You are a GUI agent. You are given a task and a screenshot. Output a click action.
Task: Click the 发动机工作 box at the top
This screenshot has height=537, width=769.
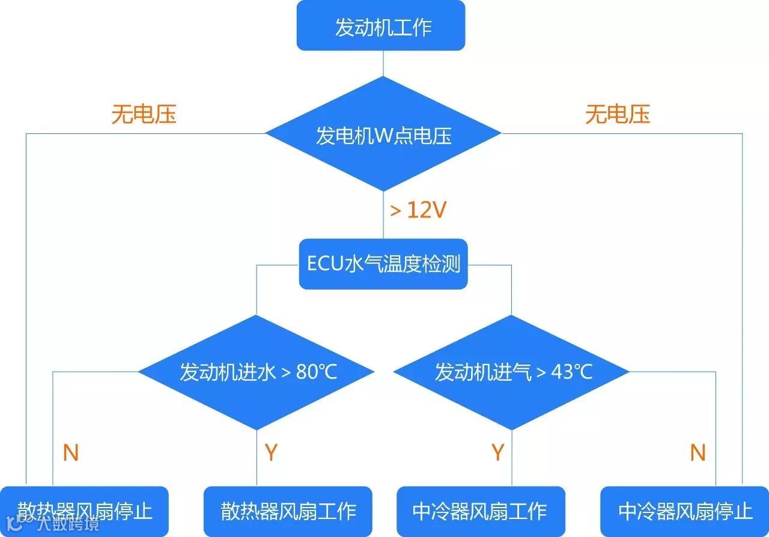[381, 26]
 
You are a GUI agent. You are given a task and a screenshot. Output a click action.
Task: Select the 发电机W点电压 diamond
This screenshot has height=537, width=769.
[383, 135]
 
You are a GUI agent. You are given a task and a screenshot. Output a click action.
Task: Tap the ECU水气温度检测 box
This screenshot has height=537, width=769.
[383, 264]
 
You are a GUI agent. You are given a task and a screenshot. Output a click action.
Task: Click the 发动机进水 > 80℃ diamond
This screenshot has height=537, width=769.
[257, 372]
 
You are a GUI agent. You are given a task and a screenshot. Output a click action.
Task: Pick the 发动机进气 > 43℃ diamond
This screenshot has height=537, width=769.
[512, 372]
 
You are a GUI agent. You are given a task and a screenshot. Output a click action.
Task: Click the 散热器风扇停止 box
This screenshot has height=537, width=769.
[84, 511]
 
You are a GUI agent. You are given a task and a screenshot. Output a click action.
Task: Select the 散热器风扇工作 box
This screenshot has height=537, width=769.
[288, 511]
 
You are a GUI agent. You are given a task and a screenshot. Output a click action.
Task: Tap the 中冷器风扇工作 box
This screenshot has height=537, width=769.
[481, 511]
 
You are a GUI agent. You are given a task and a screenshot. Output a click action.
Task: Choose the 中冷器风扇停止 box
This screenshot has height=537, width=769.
[685, 511]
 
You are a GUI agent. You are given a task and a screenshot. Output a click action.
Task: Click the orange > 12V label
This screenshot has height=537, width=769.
[418, 210]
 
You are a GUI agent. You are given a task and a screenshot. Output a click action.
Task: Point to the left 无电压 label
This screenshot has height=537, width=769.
[144, 114]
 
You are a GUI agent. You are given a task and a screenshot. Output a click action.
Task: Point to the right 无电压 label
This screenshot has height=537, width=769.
[618, 114]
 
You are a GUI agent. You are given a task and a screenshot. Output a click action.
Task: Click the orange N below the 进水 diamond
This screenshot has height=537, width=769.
[71, 453]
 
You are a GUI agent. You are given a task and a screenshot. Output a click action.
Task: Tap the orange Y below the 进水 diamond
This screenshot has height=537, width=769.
[271, 453]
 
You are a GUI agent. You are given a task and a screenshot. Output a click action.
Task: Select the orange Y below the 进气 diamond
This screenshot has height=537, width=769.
[497, 453]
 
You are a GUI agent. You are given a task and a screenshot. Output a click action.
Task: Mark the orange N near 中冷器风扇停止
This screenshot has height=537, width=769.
[698, 453]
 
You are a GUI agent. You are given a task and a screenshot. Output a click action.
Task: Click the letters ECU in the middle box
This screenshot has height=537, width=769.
[324, 264]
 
